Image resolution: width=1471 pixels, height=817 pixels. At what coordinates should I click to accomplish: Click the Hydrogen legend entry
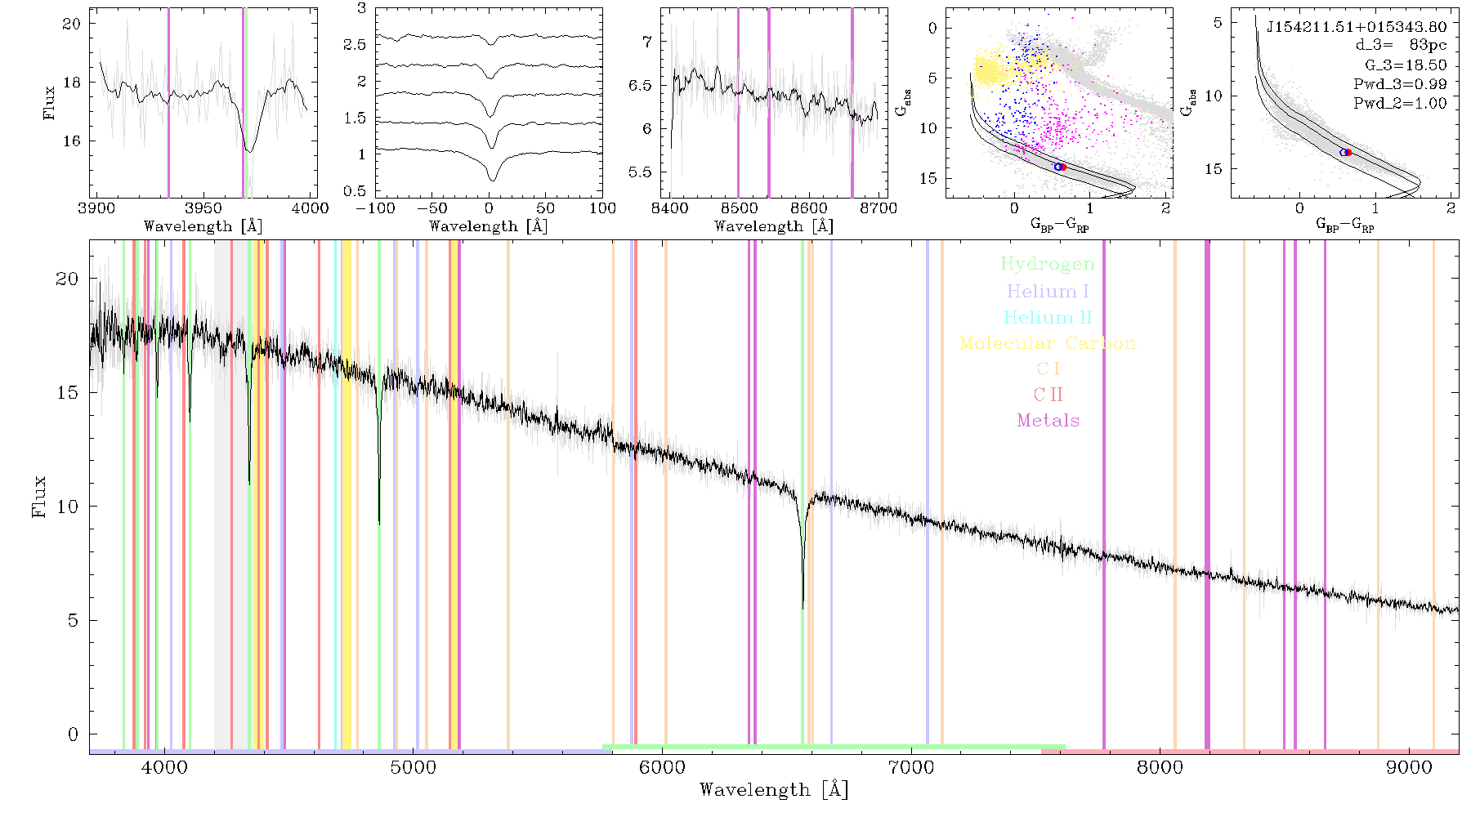pyautogui.click(x=1047, y=264)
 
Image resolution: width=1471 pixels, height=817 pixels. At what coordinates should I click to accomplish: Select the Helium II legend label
pyautogui.click(x=1048, y=317)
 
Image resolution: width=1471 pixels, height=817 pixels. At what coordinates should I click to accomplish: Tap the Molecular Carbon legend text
pyautogui.click(x=1048, y=343)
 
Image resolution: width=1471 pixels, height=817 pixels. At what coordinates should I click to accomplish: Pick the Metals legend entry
pyautogui.click(x=1048, y=421)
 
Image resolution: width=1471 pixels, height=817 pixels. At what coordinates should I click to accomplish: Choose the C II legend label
pyautogui.click(x=1048, y=395)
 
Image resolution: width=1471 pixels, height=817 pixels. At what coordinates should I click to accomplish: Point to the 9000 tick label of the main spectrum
pyautogui.click(x=1408, y=767)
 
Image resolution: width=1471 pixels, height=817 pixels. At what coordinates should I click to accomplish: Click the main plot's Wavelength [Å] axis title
pyautogui.click(x=773, y=790)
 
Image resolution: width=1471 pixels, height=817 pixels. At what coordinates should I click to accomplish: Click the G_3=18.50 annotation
pyautogui.click(x=1406, y=65)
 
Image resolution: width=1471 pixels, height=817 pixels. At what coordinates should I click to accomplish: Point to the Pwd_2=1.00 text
pyautogui.click(x=1400, y=104)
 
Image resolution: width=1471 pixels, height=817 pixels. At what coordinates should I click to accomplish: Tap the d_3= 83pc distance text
pyautogui.click(x=1401, y=46)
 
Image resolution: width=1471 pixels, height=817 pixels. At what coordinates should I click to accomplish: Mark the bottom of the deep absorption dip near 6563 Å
pyautogui.click(x=803, y=608)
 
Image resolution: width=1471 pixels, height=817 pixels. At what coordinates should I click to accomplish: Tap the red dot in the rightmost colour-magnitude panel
pyautogui.click(x=1348, y=152)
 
